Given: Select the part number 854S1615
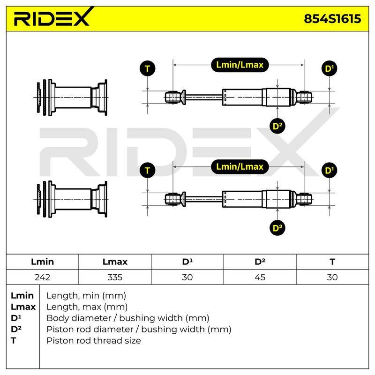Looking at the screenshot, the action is (x=332, y=19).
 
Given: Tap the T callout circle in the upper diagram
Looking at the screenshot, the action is (x=147, y=68).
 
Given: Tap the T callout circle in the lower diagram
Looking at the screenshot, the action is (x=147, y=171).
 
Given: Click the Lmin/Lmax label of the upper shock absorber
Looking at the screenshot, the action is (x=240, y=65).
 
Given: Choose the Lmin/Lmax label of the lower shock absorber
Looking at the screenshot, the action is (x=240, y=167).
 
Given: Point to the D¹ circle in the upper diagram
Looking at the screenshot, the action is (x=330, y=68).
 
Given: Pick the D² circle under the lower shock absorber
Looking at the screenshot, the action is (x=277, y=228).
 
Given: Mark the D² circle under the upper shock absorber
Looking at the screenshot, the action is (x=277, y=126).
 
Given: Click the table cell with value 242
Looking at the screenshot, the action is (x=42, y=277).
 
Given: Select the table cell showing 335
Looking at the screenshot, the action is (x=115, y=277).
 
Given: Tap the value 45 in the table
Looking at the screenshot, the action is (x=260, y=277).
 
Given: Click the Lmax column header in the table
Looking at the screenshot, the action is (x=115, y=262).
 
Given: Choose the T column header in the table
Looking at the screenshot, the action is (x=332, y=262).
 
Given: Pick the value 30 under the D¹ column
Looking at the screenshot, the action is (x=187, y=277).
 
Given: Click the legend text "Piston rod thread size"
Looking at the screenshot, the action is (x=94, y=341).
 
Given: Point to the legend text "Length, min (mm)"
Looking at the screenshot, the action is (x=86, y=296).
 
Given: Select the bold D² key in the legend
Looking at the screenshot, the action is (x=16, y=330).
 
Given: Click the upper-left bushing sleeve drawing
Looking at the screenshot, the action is (x=71, y=97).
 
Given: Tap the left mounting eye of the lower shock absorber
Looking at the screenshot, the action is (x=172, y=199).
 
